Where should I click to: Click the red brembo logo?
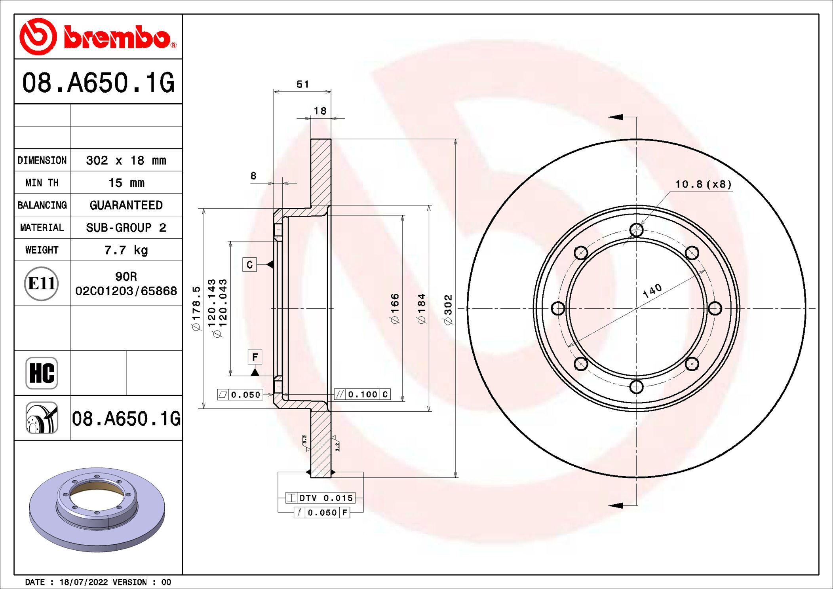click(98, 36)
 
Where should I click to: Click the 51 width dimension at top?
click(302, 84)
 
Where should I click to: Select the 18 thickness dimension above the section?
click(320, 111)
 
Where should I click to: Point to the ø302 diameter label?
click(448, 310)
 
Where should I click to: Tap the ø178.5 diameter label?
click(196, 309)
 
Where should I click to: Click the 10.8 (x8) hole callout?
click(703, 184)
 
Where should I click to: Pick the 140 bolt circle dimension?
click(652, 291)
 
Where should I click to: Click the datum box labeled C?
click(249, 264)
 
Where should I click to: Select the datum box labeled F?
click(255, 357)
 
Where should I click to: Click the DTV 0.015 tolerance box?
click(320, 498)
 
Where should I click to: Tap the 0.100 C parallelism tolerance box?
click(362, 394)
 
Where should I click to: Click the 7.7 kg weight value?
click(126, 250)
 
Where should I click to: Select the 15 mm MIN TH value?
click(126, 182)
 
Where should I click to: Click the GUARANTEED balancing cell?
click(126, 205)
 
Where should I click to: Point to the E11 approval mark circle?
click(41, 283)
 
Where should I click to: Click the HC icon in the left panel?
click(42, 373)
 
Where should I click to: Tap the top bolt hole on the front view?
click(636, 230)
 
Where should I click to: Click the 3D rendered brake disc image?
click(97, 509)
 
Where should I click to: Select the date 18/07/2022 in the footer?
click(83, 582)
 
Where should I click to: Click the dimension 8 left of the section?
click(253, 175)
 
